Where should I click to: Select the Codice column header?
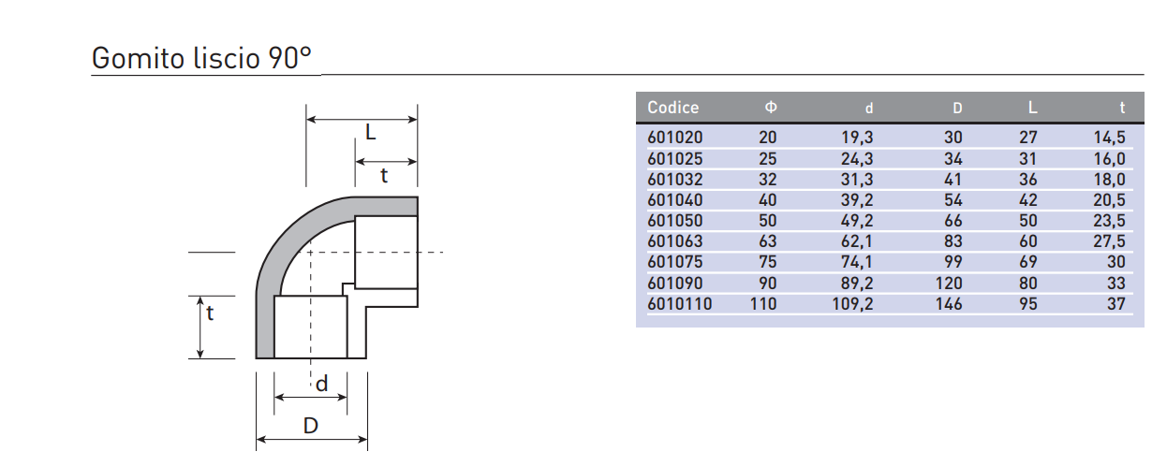click(x=672, y=108)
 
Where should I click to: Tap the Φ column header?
click(x=771, y=108)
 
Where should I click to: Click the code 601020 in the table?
click(x=674, y=138)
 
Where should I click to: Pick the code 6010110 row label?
click(x=679, y=303)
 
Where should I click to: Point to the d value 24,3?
click(x=857, y=158)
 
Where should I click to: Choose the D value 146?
click(x=948, y=303)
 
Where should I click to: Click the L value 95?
click(x=1027, y=303)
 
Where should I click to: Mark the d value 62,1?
click(x=857, y=241)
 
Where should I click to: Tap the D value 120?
click(x=948, y=283)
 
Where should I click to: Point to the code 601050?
click(x=674, y=221)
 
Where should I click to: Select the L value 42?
click(x=1027, y=199)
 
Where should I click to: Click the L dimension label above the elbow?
click(x=371, y=134)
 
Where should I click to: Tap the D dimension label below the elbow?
click(x=311, y=426)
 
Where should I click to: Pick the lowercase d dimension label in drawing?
click(x=321, y=384)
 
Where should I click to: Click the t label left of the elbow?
click(x=211, y=314)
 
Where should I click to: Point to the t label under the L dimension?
click(x=384, y=175)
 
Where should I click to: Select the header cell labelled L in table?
click(x=1033, y=108)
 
